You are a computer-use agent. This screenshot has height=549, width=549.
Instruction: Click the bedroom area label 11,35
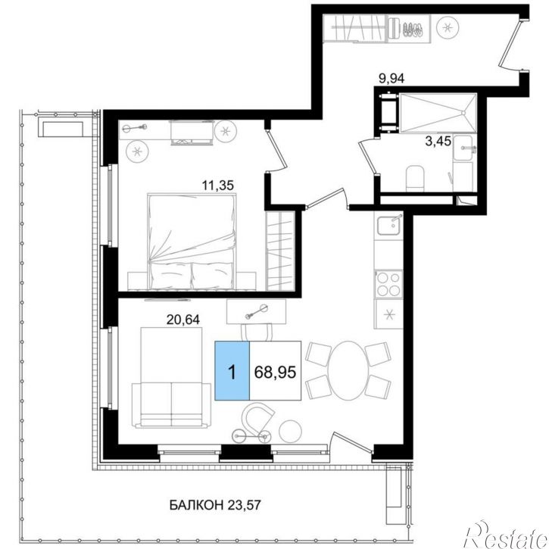tap(217, 185)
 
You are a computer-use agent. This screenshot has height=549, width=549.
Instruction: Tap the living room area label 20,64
tap(182, 320)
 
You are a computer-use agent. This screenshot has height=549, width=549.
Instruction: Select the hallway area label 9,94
tap(391, 79)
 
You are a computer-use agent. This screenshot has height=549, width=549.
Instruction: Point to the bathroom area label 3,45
tap(438, 142)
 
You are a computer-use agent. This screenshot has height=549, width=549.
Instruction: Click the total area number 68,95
tap(275, 373)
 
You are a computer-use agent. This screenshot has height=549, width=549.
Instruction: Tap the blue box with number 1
tap(232, 370)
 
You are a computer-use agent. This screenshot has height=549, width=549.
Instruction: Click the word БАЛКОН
tap(196, 505)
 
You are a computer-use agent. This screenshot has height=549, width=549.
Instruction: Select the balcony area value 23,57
tap(245, 505)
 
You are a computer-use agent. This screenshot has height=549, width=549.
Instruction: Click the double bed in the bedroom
tap(192, 241)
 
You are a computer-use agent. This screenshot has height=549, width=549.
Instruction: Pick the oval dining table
tap(348, 370)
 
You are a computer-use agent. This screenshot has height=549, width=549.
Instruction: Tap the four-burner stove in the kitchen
tap(388, 284)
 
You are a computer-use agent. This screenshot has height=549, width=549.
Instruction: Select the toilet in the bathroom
tap(415, 179)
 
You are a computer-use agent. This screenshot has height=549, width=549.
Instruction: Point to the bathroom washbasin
tap(463, 148)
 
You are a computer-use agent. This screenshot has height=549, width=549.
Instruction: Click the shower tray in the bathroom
tap(438, 113)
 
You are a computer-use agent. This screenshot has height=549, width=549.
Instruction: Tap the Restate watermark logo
tap(506, 535)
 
